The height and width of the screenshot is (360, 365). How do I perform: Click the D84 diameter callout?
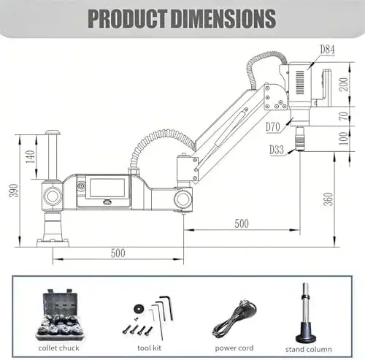click(327, 49)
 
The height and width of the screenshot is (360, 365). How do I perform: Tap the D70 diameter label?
click(273, 127)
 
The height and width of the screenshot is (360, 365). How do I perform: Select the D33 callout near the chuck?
click(277, 150)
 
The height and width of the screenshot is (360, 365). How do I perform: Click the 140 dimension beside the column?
click(31, 157)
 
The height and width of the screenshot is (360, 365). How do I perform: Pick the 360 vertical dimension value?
click(328, 199)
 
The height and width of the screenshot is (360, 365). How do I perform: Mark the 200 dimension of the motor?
click(344, 84)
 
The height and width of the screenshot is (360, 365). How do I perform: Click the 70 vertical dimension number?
click(344, 116)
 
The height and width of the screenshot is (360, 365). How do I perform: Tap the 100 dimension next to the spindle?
click(344, 138)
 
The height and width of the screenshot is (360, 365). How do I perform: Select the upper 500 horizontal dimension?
click(242, 223)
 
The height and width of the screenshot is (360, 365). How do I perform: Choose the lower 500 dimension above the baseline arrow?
click(118, 253)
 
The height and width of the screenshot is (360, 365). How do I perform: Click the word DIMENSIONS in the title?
click(223, 18)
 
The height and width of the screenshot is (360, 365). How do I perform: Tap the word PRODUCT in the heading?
click(127, 18)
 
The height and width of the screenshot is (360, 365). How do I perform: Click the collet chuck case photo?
click(60, 315)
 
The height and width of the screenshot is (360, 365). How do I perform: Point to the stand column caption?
click(309, 350)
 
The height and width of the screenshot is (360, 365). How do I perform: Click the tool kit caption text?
click(149, 348)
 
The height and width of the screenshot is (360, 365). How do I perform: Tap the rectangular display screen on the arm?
click(107, 188)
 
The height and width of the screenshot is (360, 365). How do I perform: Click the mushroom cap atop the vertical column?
click(53, 133)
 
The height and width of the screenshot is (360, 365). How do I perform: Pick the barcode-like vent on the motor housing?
click(300, 83)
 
